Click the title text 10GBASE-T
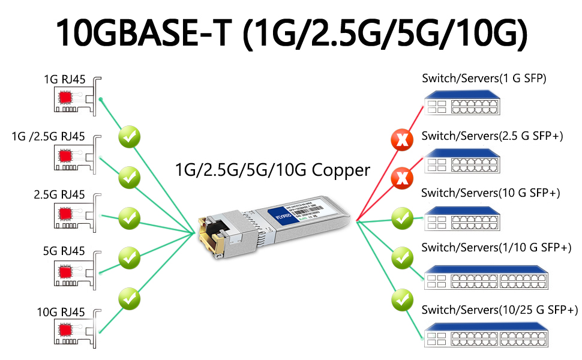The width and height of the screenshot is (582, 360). pos(143,33)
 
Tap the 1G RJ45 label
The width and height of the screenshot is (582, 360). pos(64,79)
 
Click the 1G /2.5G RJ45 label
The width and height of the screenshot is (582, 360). pos(49,136)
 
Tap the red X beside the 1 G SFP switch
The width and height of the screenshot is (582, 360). pos(402,140)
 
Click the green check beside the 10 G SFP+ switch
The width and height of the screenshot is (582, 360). pos(402,217)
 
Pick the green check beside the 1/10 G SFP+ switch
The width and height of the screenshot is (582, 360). pos(402,258)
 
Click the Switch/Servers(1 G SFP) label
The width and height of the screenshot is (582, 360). pos(484,79)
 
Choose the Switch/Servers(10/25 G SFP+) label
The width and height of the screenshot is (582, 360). pos(499,310)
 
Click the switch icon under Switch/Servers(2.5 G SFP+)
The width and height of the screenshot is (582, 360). pos(462,160)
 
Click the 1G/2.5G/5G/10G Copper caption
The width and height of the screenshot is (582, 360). pos(272,170)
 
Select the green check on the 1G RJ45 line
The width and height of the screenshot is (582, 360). pos(129,137)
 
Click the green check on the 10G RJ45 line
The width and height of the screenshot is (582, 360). pos(129,298)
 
